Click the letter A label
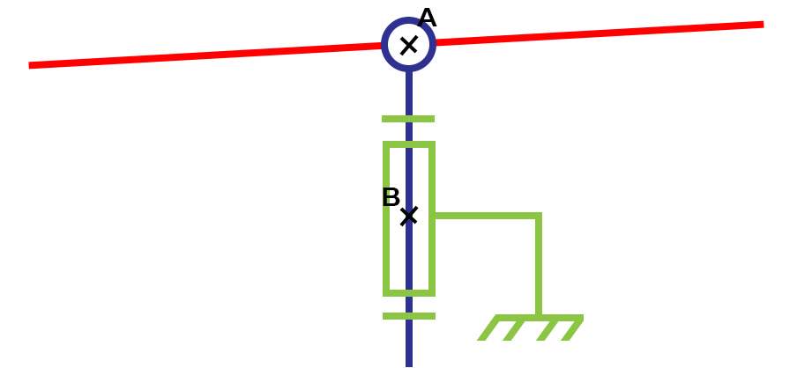427,18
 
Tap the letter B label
391,198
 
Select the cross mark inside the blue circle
409,45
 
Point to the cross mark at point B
409,216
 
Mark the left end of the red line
32,65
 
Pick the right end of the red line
761,25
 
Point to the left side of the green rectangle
387,255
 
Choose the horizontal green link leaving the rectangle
485,215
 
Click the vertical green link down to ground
538,264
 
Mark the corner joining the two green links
538,216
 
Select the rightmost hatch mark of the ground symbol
572,329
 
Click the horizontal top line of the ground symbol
539,318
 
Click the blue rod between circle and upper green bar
409,92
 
